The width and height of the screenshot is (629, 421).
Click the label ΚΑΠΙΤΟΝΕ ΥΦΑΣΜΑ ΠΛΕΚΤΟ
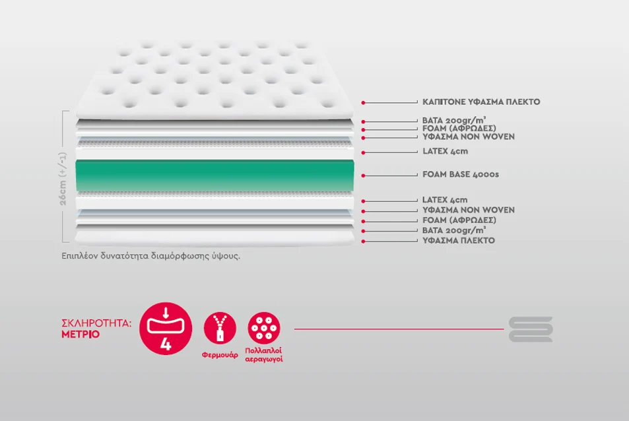(481, 102)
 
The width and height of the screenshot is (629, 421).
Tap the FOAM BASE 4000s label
(461, 174)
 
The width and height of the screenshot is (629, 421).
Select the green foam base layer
(215, 176)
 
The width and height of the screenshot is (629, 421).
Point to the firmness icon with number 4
(166, 329)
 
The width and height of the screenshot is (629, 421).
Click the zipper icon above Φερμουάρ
(220, 328)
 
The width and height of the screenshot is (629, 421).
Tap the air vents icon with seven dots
(264, 328)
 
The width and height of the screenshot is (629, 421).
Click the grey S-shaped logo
(531, 329)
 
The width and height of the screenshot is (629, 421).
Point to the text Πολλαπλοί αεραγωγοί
(264, 355)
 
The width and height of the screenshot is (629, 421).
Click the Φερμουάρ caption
(220, 355)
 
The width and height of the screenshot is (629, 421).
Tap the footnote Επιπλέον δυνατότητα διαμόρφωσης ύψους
(151, 256)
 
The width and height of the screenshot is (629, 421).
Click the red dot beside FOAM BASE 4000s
(363, 176)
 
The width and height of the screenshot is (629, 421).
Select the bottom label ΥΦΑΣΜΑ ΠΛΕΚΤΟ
(459, 241)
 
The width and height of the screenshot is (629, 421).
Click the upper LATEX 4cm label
(445, 152)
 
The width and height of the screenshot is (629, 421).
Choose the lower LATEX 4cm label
(445, 200)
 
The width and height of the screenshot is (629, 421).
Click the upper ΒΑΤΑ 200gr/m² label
(454, 120)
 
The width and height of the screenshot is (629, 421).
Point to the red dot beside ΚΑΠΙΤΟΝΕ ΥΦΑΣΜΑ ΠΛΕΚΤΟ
(363, 103)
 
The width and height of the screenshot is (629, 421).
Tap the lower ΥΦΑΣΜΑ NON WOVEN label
(468, 210)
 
